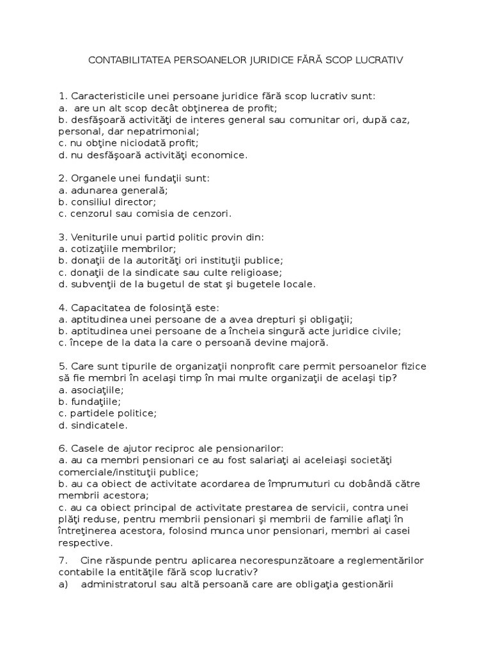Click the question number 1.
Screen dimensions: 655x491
tap(62, 96)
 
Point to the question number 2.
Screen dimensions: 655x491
tap(62, 178)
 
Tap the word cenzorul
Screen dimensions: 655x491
tap(90, 213)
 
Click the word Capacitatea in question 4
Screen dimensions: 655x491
tap(100, 307)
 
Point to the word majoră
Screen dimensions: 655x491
tap(309, 342)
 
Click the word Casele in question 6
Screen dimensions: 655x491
tap(86, 448)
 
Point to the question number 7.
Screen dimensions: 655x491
tap(62, 560)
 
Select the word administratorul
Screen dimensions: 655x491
tap(121, 584)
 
